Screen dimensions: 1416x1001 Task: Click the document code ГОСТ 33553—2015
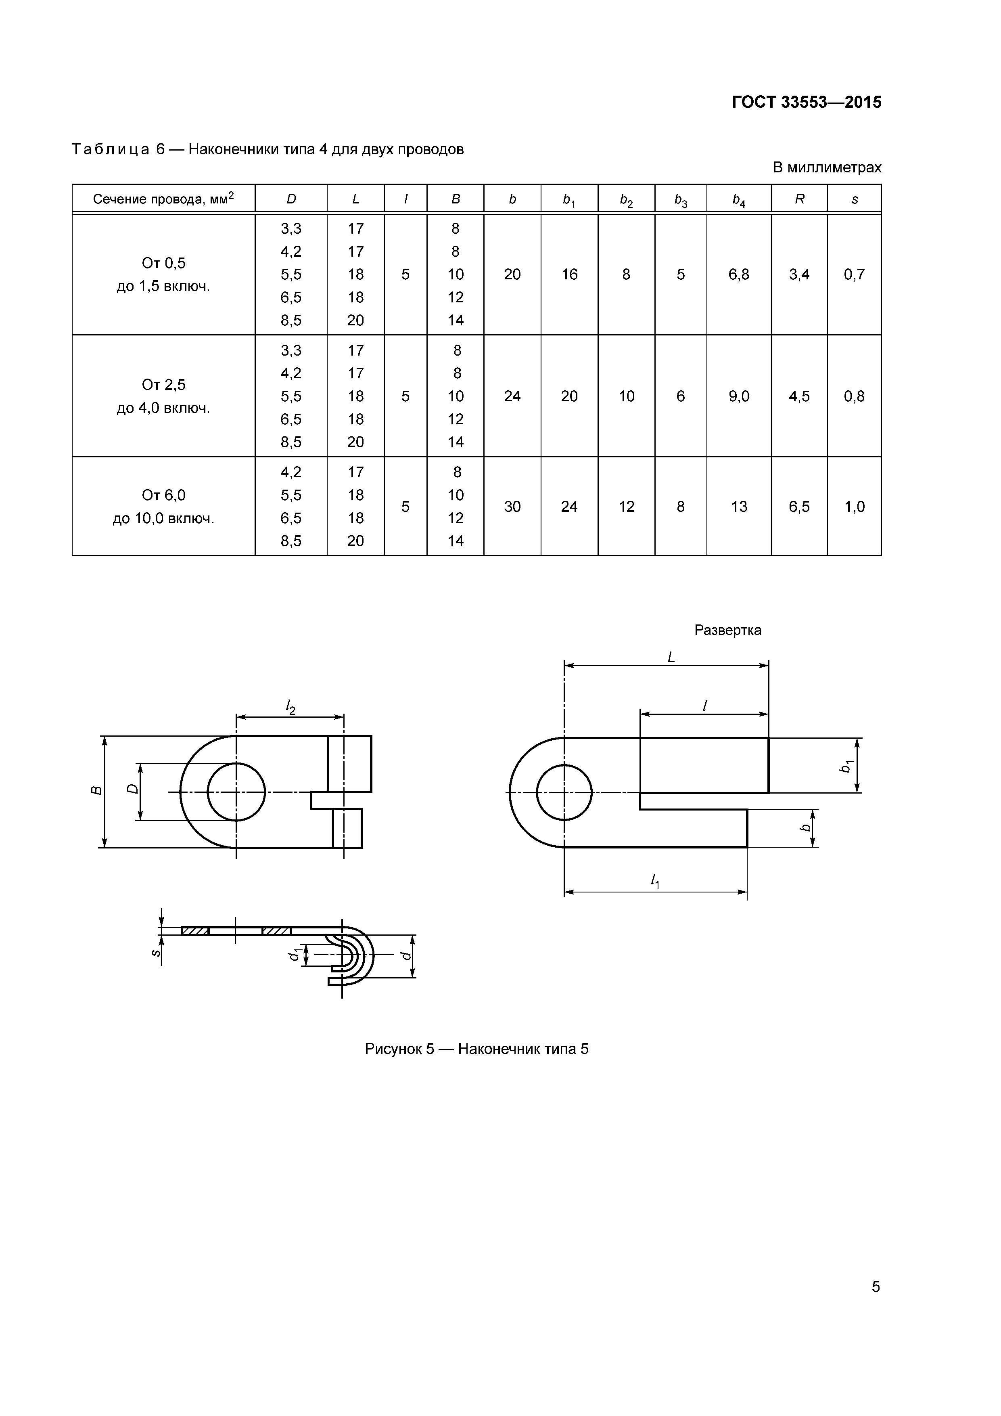pos(806,103)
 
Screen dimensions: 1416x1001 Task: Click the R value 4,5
pos(799,396)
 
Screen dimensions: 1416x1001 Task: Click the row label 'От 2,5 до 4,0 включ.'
pos(163,396)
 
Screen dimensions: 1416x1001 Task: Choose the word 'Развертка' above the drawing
pos(727,630)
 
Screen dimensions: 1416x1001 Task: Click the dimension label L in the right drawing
pos(671,658)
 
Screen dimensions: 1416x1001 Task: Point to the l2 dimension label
pos(290,707)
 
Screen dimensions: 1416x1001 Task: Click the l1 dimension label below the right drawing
pos(654,882)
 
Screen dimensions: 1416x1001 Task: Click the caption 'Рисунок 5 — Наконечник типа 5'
pos(476,1049)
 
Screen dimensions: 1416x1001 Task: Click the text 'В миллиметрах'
pos(827,168)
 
